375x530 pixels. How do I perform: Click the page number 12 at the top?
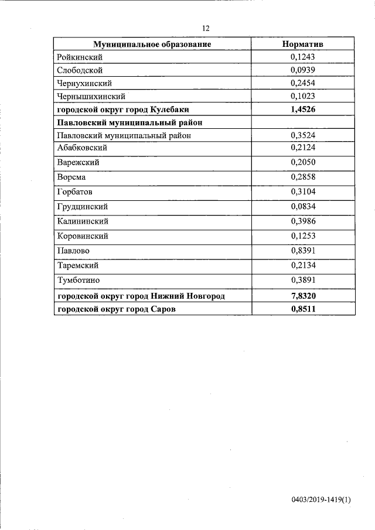206,28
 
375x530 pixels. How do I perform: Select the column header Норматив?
303,44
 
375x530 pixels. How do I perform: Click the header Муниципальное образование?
152,44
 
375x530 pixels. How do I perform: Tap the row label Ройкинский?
80,57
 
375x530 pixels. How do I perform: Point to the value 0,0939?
303,70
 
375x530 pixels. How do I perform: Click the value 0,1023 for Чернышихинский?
303,96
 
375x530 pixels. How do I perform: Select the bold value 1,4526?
303,110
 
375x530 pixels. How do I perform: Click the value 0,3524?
303,135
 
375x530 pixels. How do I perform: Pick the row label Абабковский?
83,148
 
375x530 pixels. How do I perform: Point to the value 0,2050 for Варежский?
303,162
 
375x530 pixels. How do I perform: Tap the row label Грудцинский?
83,207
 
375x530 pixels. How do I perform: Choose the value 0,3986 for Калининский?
303,221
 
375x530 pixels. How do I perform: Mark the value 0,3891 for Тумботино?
303,281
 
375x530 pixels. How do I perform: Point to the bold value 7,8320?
303,296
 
